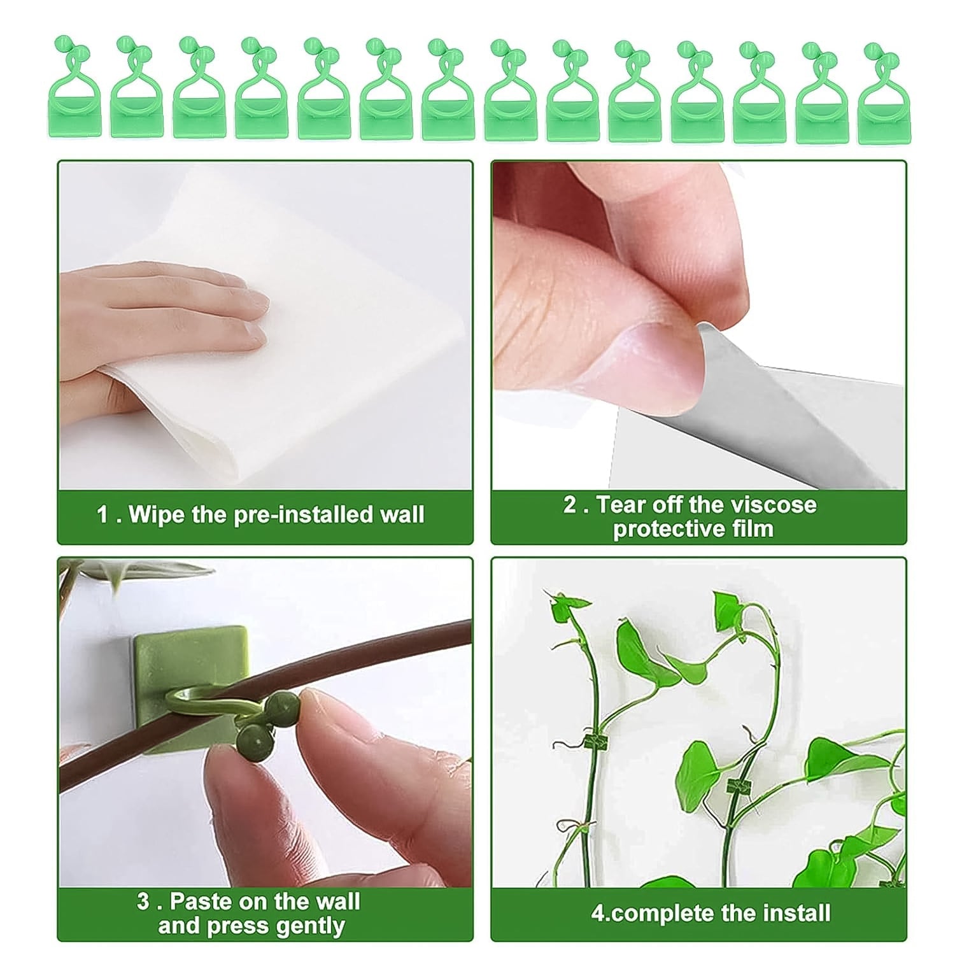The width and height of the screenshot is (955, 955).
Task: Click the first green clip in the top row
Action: point(74,89)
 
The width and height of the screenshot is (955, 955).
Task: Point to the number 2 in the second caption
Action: point(570,505)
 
